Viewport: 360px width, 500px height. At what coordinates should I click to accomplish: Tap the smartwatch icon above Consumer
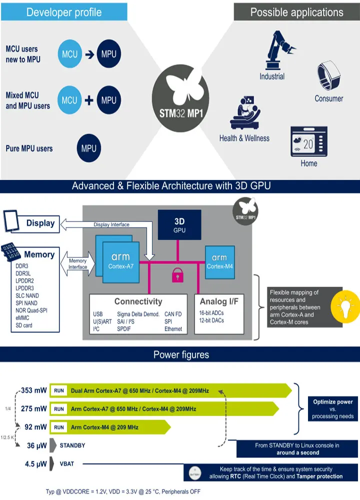tap(328, 77)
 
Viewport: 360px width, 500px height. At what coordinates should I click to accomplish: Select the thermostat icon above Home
tap(309, 142)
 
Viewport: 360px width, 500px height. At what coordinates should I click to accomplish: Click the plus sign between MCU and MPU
tap(89, 100)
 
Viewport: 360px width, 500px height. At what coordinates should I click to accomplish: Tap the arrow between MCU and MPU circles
tap(89, 54)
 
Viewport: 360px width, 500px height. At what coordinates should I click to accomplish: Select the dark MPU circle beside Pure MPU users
tap(88, 148)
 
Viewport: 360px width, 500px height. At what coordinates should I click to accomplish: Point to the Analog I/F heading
tap(219, 301)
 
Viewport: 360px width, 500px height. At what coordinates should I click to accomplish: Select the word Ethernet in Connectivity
tap(173, 329)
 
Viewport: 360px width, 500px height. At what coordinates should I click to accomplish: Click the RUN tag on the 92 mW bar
tap(59, 427)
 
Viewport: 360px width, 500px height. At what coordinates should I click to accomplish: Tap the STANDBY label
tap(72, 444)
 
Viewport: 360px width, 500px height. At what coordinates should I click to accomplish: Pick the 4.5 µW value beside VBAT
tap(35, 463)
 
